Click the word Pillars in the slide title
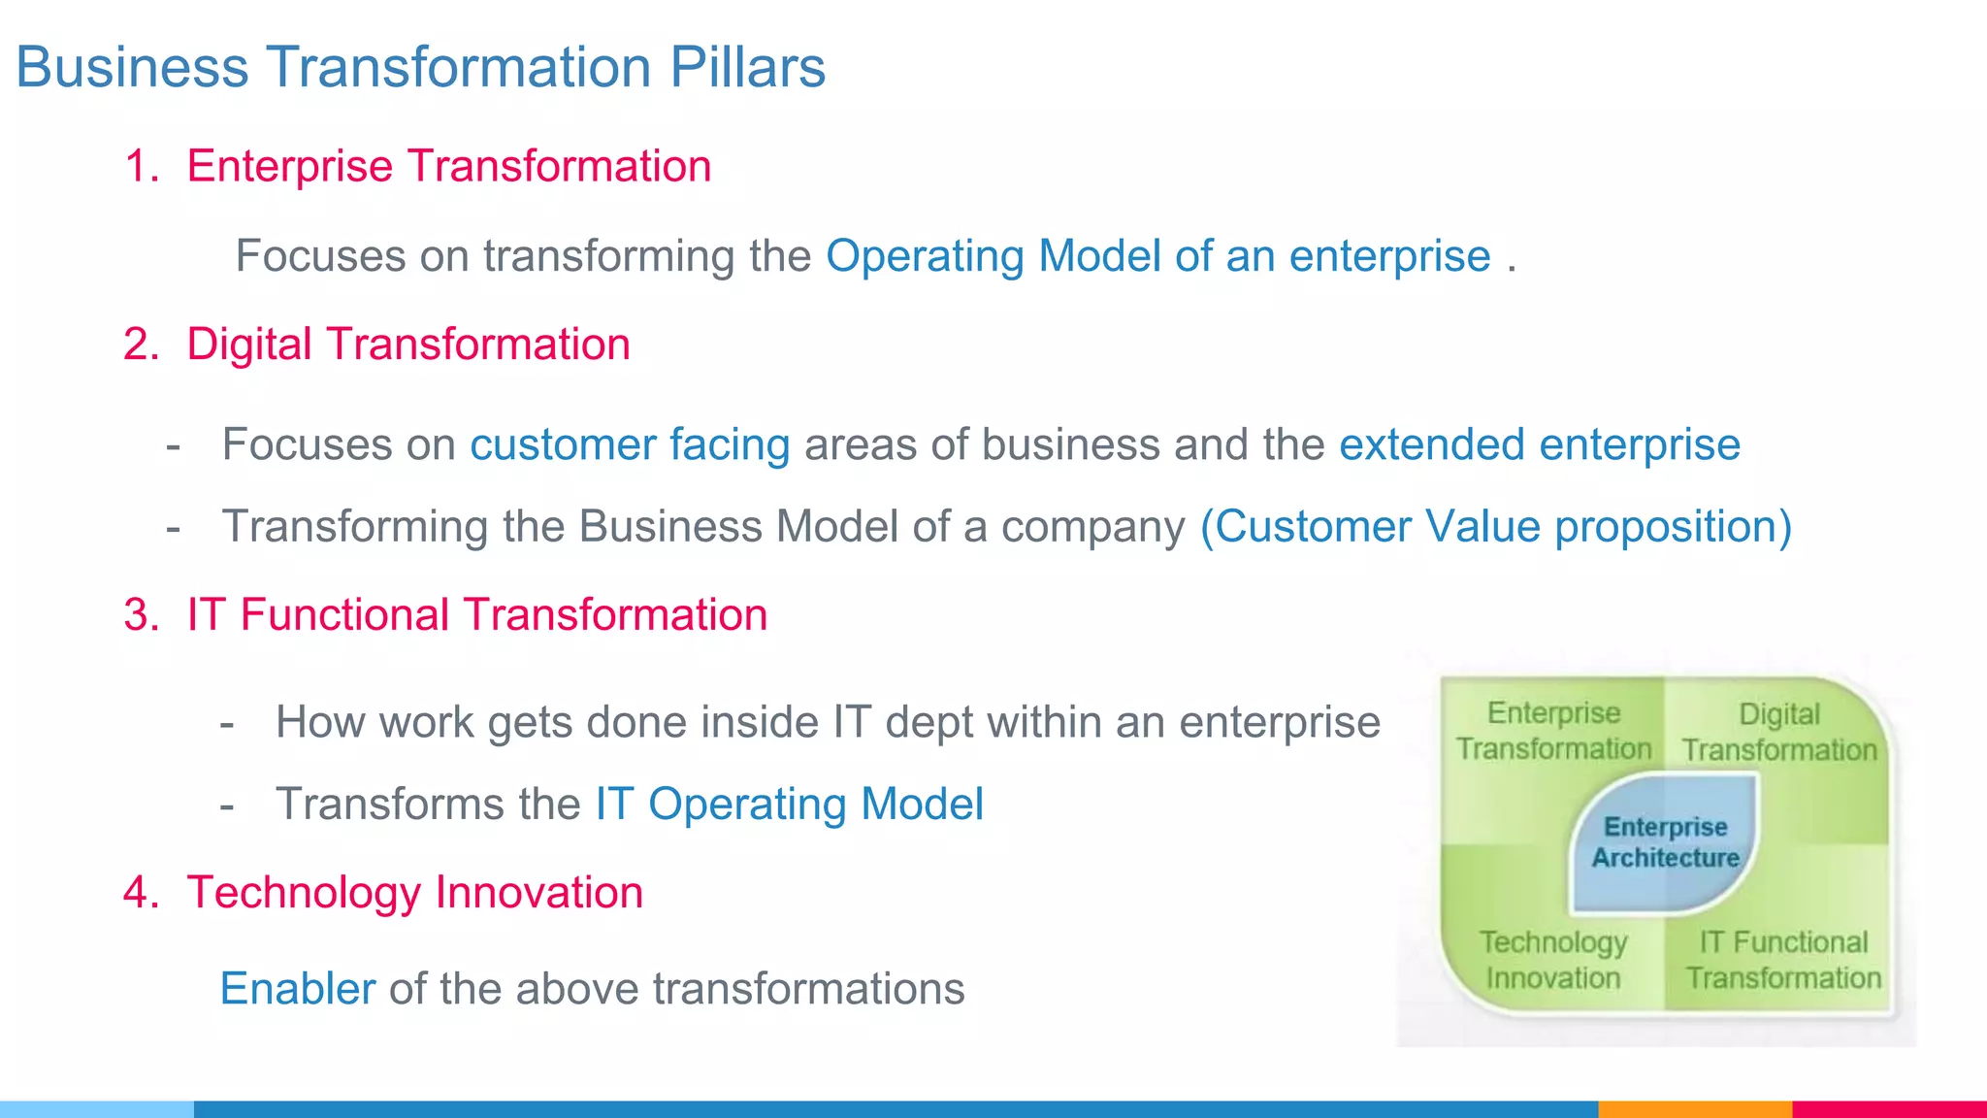747,67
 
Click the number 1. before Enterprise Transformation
142,166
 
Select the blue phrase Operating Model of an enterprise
1157,256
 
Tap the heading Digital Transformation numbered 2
407,345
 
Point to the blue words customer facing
630,444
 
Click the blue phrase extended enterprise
1539,444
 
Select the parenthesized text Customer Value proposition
1495,526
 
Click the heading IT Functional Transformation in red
476,615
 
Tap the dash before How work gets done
227,724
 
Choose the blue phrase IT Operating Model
789,805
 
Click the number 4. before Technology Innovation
142,893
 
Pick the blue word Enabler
298,989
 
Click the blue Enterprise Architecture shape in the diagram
1665,842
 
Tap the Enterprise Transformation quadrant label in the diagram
1553,731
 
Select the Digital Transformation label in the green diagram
1779,732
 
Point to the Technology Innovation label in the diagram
1553,960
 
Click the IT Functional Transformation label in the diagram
1782,960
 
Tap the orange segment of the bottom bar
1694,1108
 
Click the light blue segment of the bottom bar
97,1108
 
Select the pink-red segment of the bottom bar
1889,1108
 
